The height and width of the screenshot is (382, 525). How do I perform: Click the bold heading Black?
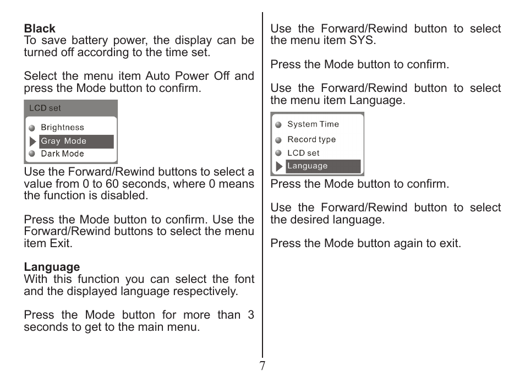click(40, 29)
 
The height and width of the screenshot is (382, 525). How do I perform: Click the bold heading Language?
click(52, 268)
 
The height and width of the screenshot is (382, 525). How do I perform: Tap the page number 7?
click(262, 367)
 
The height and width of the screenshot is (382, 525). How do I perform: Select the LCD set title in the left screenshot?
click(45, 108)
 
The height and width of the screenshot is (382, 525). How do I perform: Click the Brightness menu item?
click(62, 128)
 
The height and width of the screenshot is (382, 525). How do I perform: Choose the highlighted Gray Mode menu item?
click(64, 141)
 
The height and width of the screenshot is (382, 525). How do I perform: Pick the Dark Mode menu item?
click(62, 154)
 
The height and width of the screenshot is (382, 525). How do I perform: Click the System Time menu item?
click(313, 124)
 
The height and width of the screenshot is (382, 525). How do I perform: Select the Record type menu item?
click(311, 140)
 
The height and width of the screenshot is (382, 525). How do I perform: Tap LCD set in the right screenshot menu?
click(303, 153)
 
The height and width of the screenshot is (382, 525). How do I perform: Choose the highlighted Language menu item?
click(308, 166)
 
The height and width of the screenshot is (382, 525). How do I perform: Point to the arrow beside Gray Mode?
click(33, 142)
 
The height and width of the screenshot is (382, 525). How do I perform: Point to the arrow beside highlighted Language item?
click(280, 166)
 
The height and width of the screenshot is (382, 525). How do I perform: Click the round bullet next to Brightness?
click(32, 128)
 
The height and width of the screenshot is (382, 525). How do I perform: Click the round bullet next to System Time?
click(278, 125)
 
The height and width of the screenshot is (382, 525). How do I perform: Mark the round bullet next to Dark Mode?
click(32, 154)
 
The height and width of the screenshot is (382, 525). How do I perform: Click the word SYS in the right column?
click(362, 41)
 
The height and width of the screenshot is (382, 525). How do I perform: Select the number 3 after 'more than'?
click(251, 315)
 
